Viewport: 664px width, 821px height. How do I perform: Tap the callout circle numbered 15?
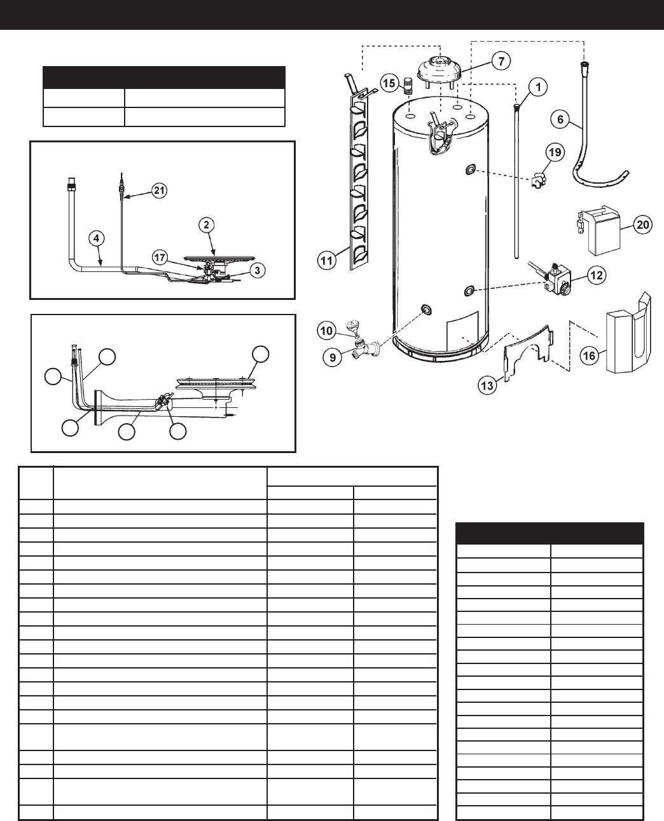tap(390, 83)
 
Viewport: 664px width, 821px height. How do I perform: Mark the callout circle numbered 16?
tap(590, 356)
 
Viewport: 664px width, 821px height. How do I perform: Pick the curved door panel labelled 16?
tap(626, 334)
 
